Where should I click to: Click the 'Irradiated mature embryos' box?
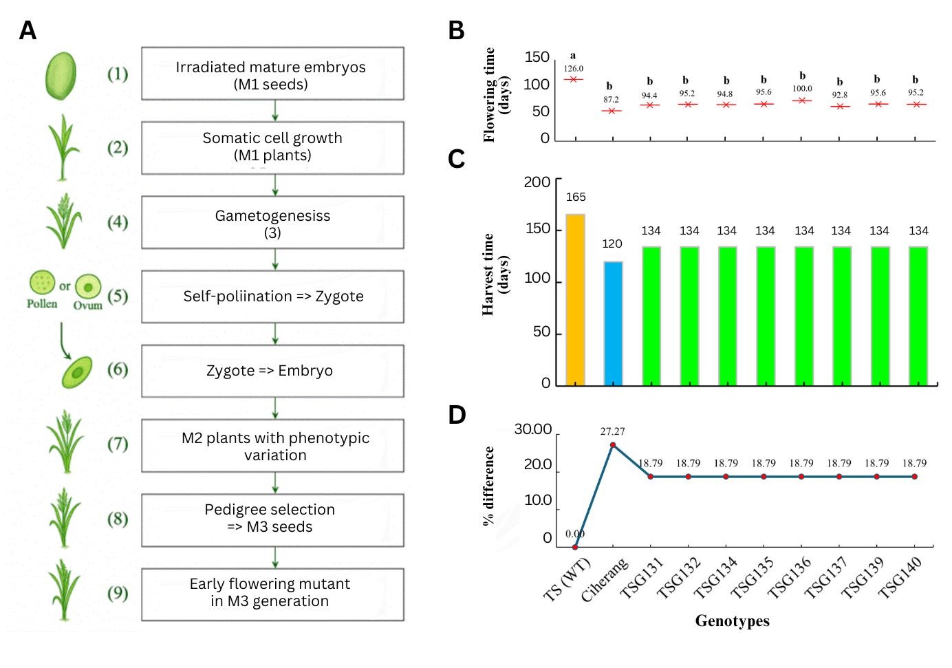[272, 74]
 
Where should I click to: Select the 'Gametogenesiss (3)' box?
[272, 223]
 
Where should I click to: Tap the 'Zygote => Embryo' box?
[272, 371]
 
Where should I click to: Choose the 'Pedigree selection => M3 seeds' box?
[272, 519]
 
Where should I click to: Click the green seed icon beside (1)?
[61, 76]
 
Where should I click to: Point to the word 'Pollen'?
[42, 303]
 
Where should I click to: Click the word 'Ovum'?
[88, 305]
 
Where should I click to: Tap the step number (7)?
[118, 444]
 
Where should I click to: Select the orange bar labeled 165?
[575, 299]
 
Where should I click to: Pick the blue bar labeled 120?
[613, 323]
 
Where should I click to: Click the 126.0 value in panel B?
[573, 68]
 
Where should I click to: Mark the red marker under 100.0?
[802, 100]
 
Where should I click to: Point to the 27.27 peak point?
[613, 445]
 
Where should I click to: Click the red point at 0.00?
[575, 547]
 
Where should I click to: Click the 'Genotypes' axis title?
[732, 621]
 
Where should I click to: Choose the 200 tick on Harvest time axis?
[537, 182]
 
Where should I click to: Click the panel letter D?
[457, 415]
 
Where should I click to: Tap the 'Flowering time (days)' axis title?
[496, 94]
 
